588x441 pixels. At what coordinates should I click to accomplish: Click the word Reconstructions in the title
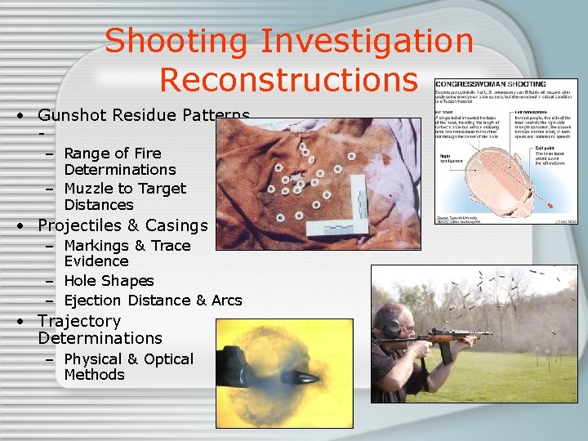point(288,79)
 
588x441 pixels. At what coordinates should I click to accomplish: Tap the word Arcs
point(226,301)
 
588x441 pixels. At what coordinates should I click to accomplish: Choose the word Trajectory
point(79,321)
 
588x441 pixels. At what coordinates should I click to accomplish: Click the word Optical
point(167,359)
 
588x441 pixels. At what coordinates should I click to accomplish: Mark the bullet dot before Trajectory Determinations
point(19,322)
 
